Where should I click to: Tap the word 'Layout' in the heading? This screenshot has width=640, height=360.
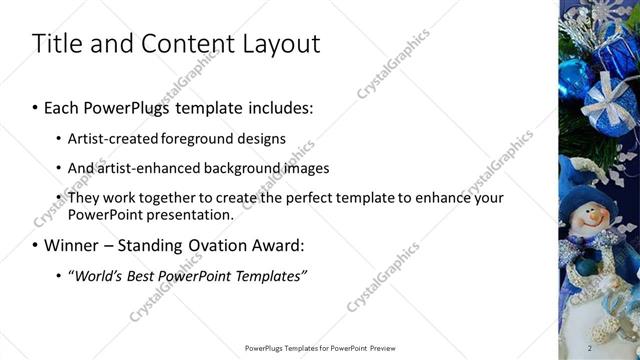click(x=279, y=44)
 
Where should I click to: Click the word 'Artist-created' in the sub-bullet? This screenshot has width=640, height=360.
click(x=106, y=138)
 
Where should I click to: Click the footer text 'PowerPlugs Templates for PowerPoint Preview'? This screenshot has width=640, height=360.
click(x=320, y=348)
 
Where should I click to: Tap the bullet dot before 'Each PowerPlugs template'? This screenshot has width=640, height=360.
click(x=36, y=106)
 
